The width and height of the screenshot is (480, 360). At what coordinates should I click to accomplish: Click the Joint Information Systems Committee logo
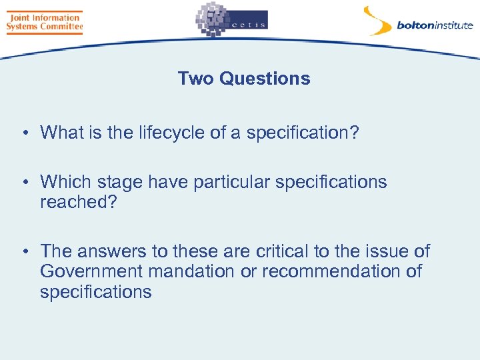(x=44, y=21)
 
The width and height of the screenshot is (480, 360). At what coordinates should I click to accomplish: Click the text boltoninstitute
(x=435, y=26)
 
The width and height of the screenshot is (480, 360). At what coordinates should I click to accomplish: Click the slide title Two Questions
(x=244, y=79)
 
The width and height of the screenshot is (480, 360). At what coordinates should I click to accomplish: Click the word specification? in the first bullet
(x=303, y=133)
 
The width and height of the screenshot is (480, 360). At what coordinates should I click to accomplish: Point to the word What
(x=62, y=133)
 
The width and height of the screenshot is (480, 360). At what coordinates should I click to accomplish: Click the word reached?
(x=79, y=202)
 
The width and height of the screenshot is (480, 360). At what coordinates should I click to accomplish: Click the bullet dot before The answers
(x=23, y=252)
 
